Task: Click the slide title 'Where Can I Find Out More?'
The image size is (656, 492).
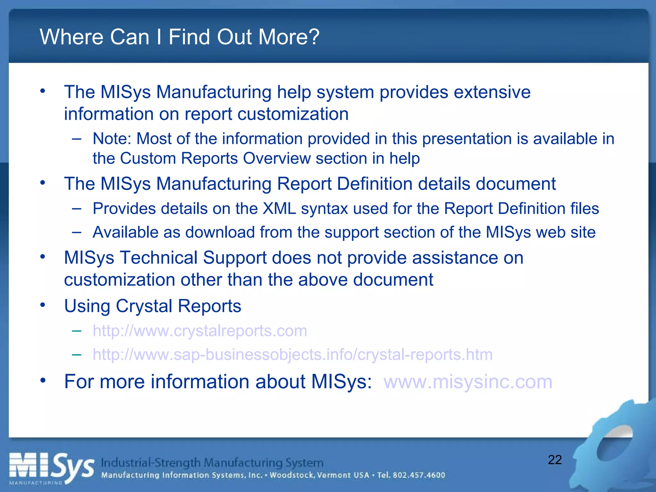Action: pos(179,37)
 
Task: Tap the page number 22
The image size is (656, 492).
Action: pos(555,460)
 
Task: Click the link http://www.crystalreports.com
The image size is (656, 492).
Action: pos(200,331)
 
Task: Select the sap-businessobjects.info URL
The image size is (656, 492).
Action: pos(292,355)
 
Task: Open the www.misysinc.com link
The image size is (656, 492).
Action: pos(468,382)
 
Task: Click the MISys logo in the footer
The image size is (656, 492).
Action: pos(51,469)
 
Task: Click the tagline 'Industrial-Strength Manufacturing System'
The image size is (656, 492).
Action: pos(212,463)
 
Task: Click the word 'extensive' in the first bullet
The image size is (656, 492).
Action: pos(492,92)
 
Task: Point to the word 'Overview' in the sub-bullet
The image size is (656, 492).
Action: pos(277,159)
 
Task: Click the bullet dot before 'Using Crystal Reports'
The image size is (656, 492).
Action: pos(43,305)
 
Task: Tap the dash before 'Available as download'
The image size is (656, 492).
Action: pos(77,232)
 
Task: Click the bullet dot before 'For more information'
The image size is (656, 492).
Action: pos(43,381)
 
